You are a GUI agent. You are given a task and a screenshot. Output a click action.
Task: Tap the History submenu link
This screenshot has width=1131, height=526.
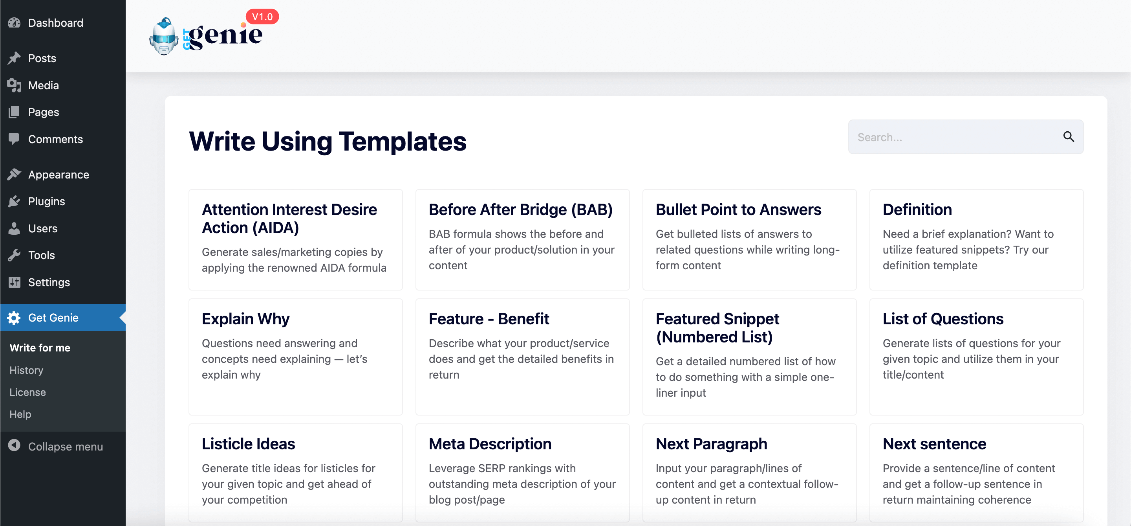(26, 370)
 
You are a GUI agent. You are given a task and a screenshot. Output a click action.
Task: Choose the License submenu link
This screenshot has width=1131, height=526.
(27, 392)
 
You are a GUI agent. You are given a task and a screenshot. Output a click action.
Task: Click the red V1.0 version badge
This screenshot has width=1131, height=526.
(262, 17)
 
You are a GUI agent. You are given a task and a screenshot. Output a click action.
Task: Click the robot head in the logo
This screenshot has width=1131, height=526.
(164, 37)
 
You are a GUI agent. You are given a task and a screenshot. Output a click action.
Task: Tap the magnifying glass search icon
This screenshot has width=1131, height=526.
(1068, 137)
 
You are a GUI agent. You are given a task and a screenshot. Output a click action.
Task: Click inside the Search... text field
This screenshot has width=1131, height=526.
(953, 137)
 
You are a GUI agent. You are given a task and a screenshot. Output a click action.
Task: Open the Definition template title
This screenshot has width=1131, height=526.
(917, 210)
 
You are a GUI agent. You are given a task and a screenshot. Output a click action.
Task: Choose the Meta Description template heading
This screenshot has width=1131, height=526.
(490, 444)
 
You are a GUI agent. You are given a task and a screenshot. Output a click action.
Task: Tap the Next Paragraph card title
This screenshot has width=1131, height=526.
(711, 444)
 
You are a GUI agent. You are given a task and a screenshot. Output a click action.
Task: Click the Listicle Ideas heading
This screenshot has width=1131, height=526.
(248, 444)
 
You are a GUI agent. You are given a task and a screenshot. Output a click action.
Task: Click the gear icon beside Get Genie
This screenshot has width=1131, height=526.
(14, 318)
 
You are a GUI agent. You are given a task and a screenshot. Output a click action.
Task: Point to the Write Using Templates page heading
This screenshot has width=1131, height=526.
(328, 142)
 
